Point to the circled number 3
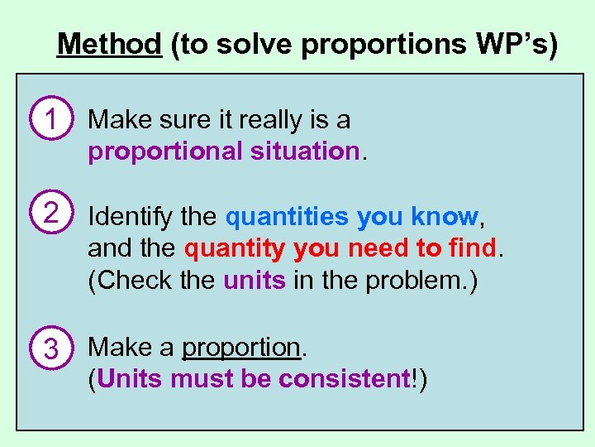tap(50, 348)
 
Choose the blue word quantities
tap(287, 217)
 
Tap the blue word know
tap(444, 217)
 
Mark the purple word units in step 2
tap(255, 280)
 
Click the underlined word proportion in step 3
tap(241, 347)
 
